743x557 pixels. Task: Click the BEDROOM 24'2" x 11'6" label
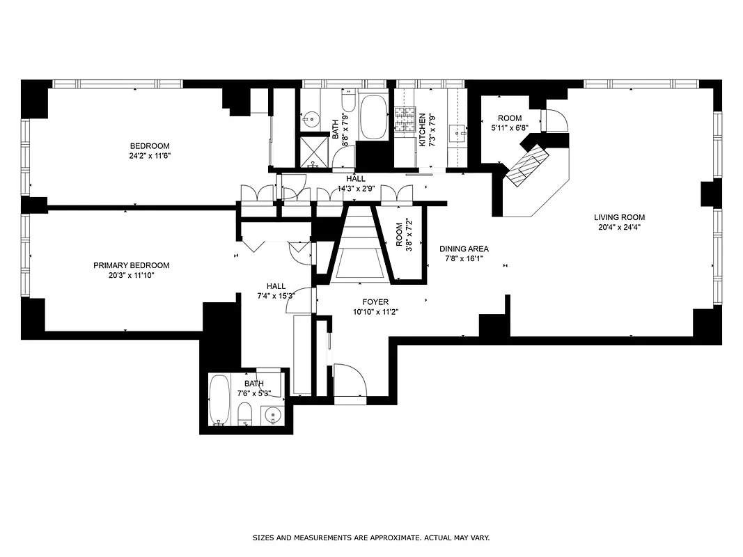tap(150, 150)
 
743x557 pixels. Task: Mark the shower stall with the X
tap(314, 152)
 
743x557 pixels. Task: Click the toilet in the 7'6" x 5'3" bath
tap(244, 416)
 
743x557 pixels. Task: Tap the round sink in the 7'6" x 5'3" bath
tap(272, 416)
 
